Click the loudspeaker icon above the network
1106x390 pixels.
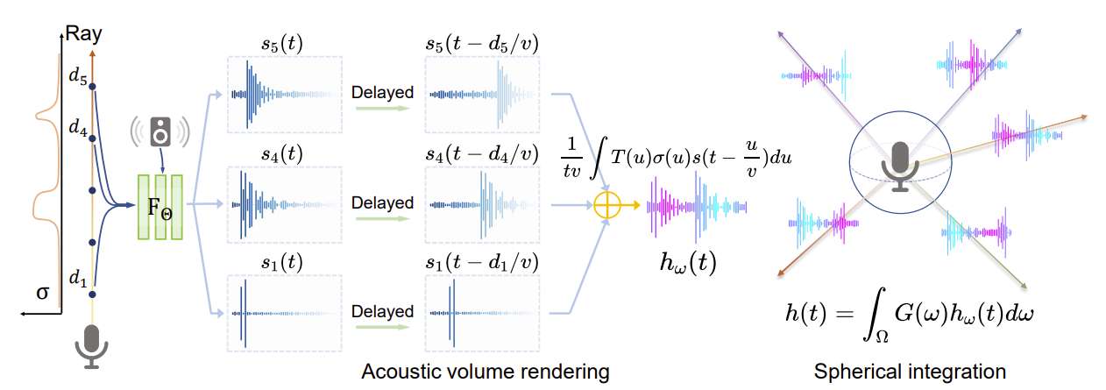[x=160, y=131]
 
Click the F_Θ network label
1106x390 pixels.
[x=159, y=208]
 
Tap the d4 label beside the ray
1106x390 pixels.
[x=78, y=126]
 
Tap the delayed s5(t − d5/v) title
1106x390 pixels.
[x=481, y=41]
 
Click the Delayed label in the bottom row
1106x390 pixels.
[x=382, y=312]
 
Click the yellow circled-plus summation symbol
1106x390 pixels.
[x=607, y=207]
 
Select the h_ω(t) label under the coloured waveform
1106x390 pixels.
[x=687, y=261]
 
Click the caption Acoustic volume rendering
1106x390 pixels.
[x=486, y=372]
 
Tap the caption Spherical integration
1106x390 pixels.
[x=910, y=372]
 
